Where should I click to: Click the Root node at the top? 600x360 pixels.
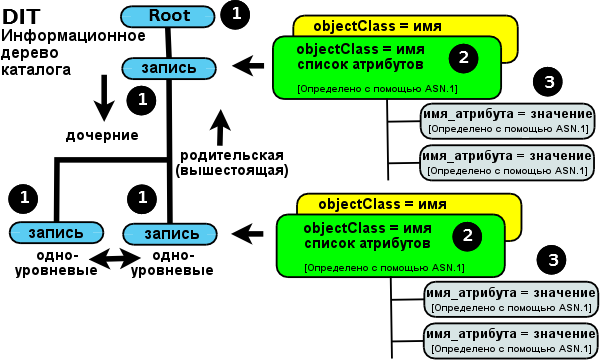coord(168,16)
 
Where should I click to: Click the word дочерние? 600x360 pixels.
coord(102,134)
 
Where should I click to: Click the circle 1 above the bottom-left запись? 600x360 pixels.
coord(23,196)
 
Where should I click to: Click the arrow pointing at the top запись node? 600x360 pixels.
coord(247,66)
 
